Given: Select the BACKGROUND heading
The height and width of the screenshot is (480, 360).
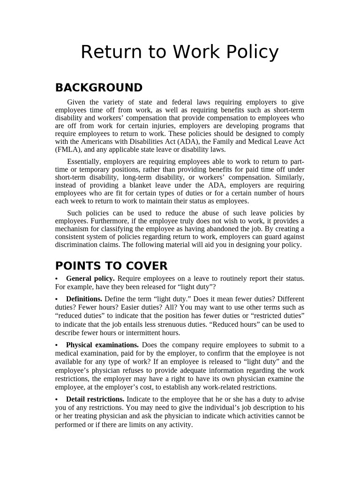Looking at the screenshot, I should point(99,88).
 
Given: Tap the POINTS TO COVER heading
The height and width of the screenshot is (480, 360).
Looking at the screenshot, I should point(111,266).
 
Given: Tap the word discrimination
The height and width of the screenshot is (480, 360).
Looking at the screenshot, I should point(77,245).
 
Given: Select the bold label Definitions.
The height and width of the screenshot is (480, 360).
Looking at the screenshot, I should point(84,299).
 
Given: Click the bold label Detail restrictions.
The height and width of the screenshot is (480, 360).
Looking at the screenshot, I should point(95,399).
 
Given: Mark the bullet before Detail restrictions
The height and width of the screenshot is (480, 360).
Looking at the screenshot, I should point(57,399).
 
